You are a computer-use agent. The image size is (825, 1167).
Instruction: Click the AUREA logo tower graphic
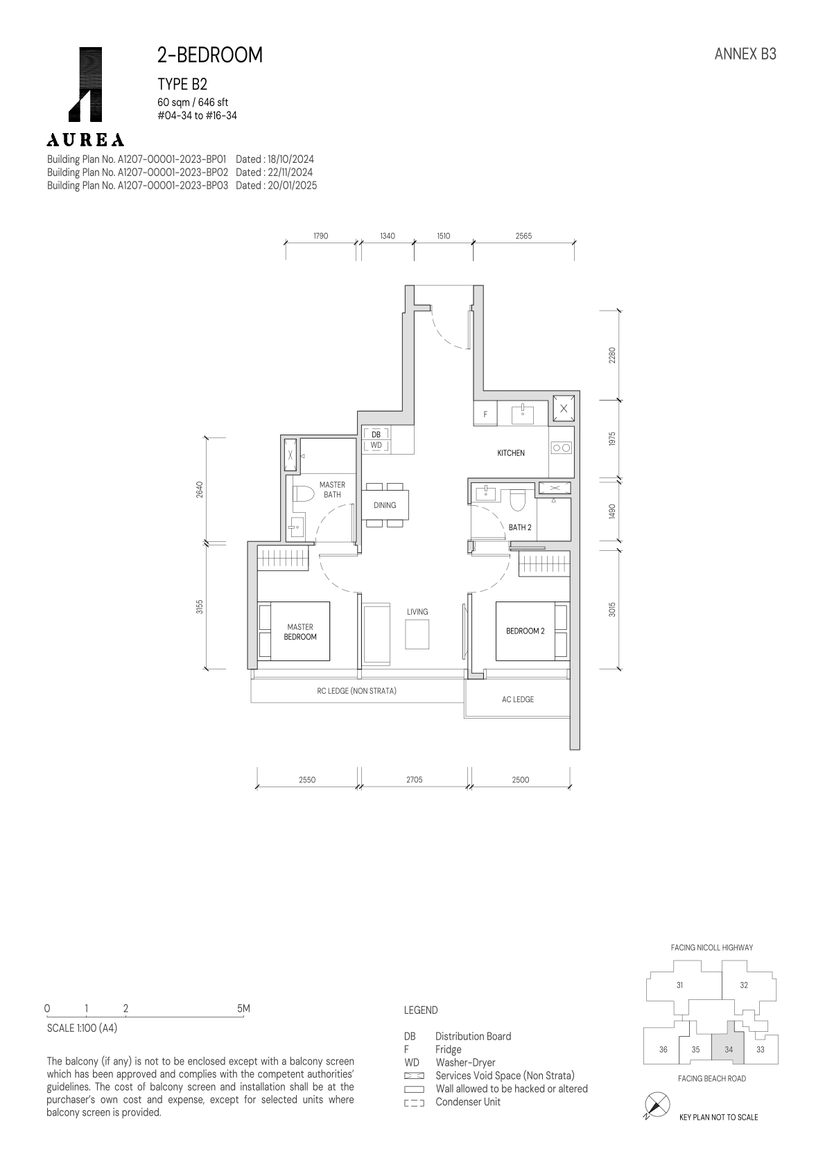tap(85, 85)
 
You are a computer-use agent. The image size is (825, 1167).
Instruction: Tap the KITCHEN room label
tap(511, 453)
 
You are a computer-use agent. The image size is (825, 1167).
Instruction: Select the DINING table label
tap(385, 505)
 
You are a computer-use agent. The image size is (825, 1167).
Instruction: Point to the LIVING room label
tap(417, 612)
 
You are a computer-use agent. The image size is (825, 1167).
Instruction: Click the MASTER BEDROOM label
tap(300, 632)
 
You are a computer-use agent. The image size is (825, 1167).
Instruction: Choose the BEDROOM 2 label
tap(526, 631)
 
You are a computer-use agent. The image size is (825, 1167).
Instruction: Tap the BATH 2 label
tap(520, 527)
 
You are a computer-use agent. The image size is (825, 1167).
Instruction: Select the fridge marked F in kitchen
tap(485, 414)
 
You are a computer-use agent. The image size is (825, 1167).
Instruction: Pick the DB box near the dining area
tap(376, 435)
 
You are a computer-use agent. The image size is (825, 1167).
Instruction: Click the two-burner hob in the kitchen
tap(562, 448)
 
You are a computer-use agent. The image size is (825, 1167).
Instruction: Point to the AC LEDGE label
tap(518, 699)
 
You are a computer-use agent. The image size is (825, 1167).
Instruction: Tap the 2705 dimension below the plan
tap(415, 780)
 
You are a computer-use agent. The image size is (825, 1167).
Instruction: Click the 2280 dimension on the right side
tap(612, 356)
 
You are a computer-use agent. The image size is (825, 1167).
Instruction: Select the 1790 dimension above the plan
tap(320, 236)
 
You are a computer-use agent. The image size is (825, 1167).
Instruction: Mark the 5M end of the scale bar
tap(243, 1008)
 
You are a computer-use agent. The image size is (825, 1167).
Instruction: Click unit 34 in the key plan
tap(729, 1050)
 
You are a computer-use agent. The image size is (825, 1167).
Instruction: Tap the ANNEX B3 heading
tap(745, 54)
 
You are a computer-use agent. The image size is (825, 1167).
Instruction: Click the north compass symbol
tap(657, 1104)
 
